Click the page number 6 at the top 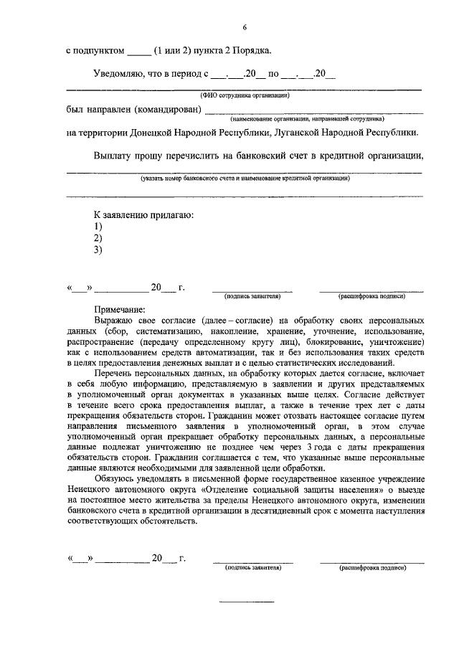tap(244, 27)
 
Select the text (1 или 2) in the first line tap(176, 51)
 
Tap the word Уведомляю tap(120, 74)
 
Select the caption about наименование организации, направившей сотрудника tap(307, 119)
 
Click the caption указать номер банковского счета tap(244, 177)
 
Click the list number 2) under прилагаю tap(98, 238)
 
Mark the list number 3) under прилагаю tap(98, 250)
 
